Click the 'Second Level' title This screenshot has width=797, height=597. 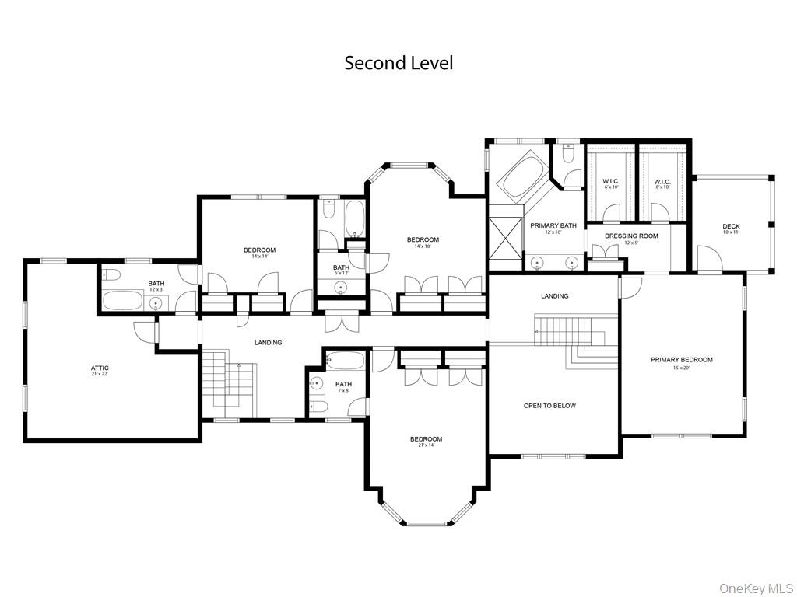[x=398, y=63]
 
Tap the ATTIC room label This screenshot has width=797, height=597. [x=100, y=368]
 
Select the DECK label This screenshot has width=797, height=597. [x=731, y=226]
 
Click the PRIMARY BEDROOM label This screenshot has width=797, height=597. [x=682, y=360]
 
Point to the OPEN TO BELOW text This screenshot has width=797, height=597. [x=549, y=406]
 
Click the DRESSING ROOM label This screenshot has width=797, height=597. [x=631, y=236]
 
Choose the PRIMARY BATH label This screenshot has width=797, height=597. [x=553, y=226]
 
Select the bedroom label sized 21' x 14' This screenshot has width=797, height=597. [x=426, y=439]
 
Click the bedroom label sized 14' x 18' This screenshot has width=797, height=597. [x=423, y=240]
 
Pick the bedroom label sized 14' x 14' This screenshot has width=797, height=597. [x=259, y=250]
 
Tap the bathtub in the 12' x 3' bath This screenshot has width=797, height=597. [x=122, y=302]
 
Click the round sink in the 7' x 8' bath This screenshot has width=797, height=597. [x=317, y=382]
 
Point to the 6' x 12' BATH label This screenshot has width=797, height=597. [x=341, y=267]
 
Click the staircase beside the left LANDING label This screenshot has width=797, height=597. [x=229, y=385]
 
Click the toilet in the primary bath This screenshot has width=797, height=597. [x=569, y=155]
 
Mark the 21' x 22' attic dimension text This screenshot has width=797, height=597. [x=100, y=374]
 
